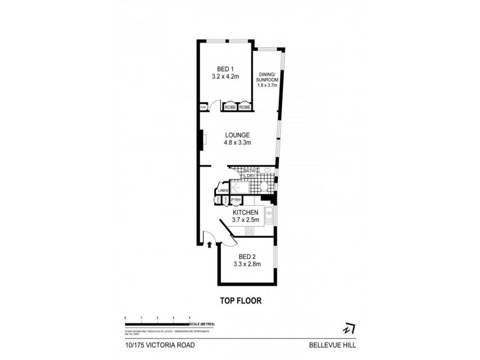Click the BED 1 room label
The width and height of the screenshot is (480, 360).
(225, 69)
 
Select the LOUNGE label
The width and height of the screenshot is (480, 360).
(238, 134)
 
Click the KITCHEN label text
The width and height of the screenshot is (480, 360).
(245, 212)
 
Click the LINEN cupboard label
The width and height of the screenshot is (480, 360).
(223, 191)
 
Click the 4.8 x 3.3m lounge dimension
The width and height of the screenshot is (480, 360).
(238, 143)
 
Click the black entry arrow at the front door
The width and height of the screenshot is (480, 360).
(208, 244)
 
